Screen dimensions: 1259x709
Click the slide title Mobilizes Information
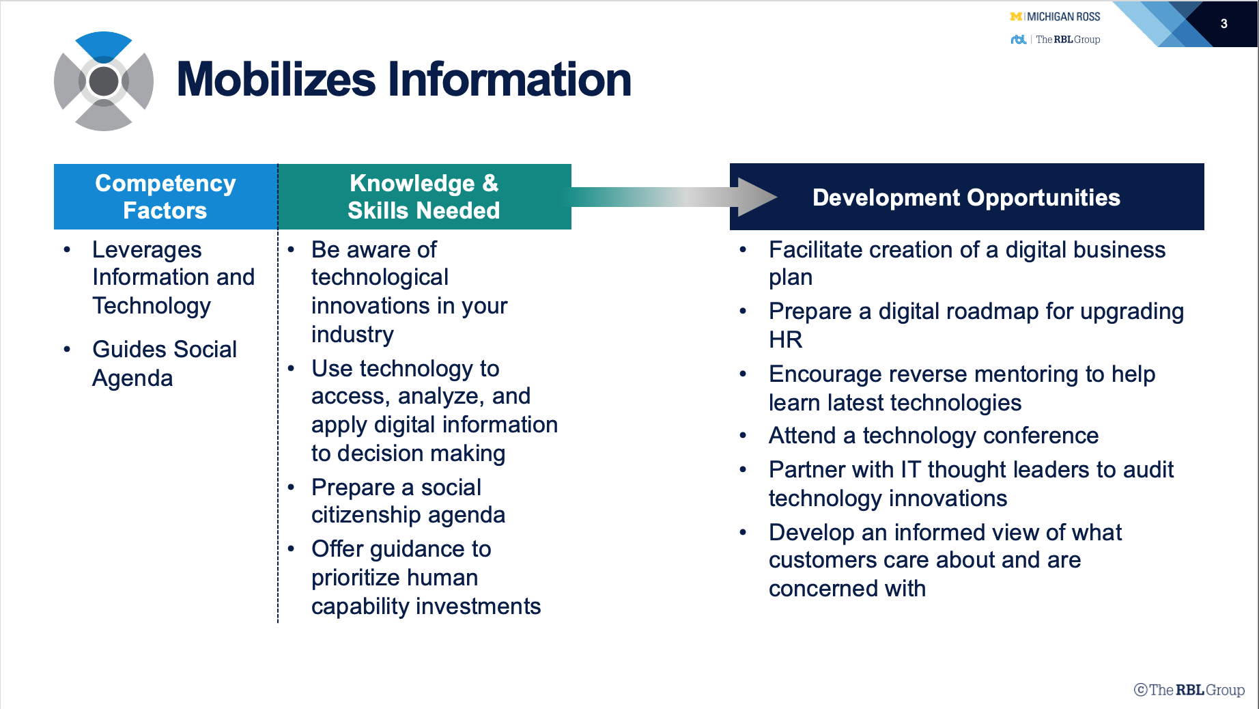click(x=404, y=79)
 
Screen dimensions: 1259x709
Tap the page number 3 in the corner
click(x=1224, y=24)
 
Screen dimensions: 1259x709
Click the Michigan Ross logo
click(x=1056, y=16)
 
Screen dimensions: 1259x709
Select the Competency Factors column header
click(x=165, y=197)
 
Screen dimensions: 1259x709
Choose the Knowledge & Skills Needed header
click(x=424, y=197)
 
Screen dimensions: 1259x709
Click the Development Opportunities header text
click(x=966, y=197)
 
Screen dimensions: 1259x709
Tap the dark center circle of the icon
click(x=104, y=81)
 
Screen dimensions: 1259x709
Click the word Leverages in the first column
click(x=147, y=250)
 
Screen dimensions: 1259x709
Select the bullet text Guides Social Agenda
click(x=165, y=363)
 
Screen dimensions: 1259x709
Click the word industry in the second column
click(x=352, y=335)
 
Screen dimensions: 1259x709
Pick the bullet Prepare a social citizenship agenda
click(x=408, y=501)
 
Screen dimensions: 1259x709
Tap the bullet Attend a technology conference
click(x=933, y=436)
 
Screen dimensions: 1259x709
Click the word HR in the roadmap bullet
click(x=786, y=339)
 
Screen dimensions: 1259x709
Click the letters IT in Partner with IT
click(x=911, y=470)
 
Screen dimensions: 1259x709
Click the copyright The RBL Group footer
click(x=1189, y=690)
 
